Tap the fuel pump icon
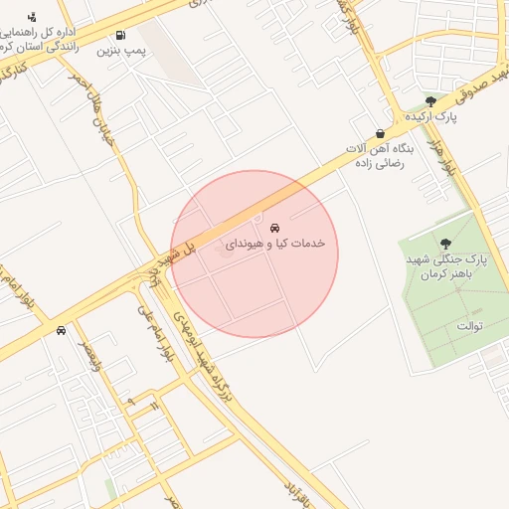tap(120, 36)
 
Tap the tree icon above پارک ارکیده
tap(430, 101)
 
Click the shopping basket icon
tap(380, 133)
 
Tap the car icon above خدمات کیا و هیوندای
tap(274, 228)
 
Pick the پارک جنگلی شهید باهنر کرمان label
tap(447, 265)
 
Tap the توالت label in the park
tap(468, 325)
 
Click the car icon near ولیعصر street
tap(62, 330)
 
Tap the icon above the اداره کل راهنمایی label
tap(32, 17)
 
